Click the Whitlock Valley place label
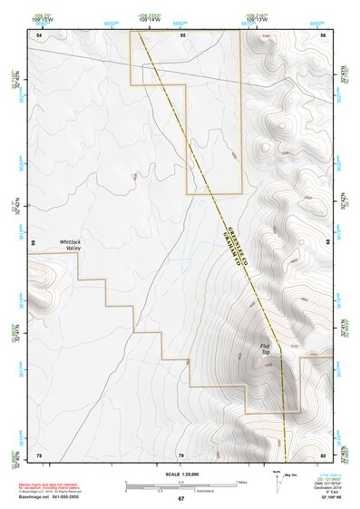(70, 245)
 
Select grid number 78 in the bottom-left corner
(39, 455)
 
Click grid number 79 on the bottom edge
(180, 455)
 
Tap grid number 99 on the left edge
(32, 244)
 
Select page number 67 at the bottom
(180, 499)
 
